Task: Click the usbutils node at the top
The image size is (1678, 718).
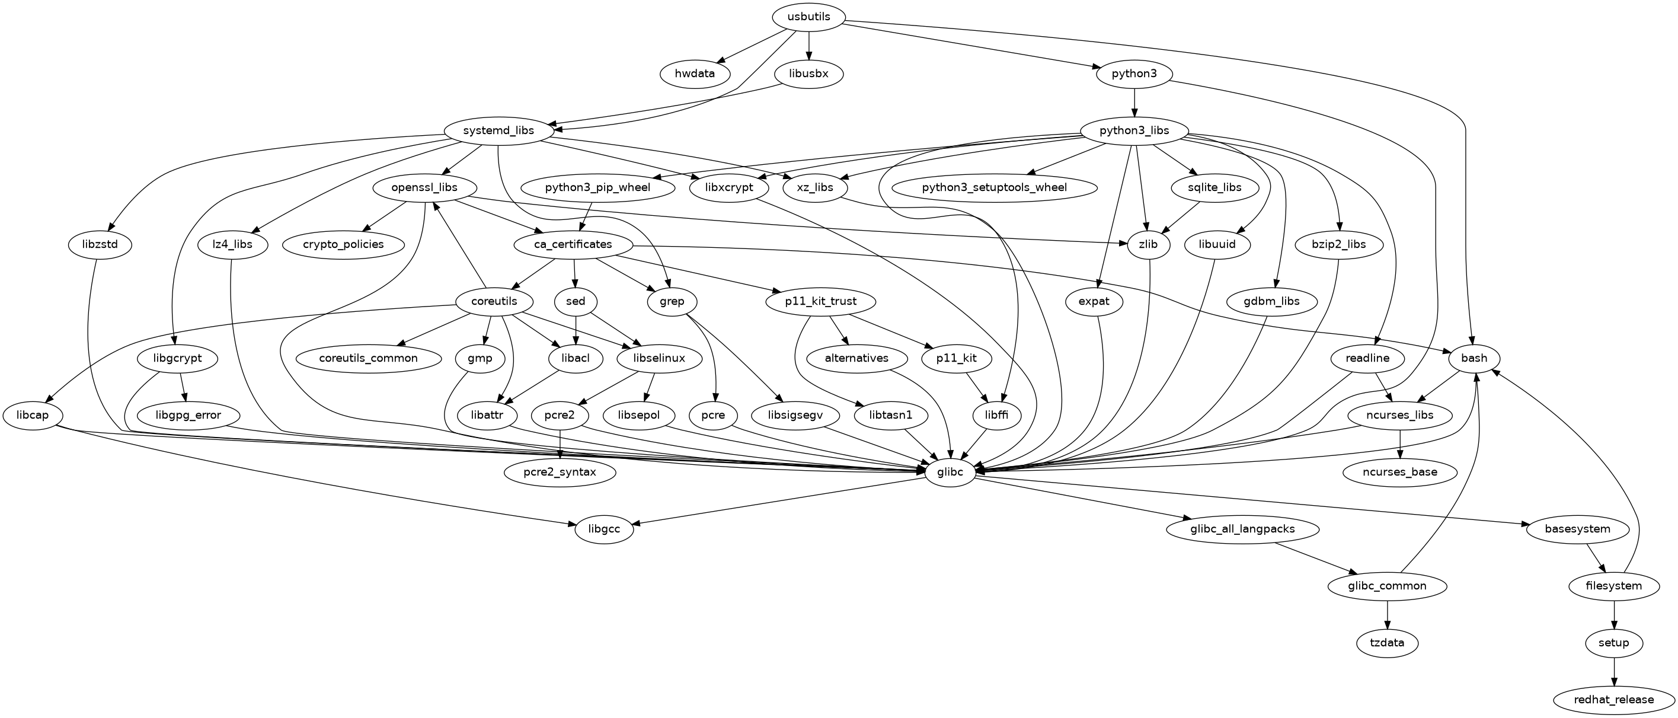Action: [808, 17]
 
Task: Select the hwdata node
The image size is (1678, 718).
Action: [695, 74]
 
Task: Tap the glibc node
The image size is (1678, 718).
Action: [950, 472]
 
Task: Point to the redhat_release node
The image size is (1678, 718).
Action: [1613, 700]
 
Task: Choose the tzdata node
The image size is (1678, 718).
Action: [1387, 643]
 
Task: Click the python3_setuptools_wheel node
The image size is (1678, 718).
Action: [994, 187]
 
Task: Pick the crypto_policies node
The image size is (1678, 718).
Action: [343, 245]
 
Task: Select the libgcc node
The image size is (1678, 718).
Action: [604, 529]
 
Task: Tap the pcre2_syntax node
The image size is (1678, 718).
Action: [560, 472]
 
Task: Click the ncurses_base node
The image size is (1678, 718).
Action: [1399, 472]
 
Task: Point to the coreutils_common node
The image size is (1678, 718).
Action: [368, 358]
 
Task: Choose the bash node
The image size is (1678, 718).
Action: [1474, 358]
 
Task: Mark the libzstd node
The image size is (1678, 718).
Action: [100, 245]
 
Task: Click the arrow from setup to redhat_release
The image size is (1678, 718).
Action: [1613, 671]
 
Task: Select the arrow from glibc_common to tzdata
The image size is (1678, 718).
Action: [1387, 614]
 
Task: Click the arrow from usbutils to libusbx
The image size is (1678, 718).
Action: [808, 45]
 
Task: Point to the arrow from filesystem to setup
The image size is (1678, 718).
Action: [1613, 614]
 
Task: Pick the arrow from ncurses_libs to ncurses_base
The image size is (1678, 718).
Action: [1399, 443]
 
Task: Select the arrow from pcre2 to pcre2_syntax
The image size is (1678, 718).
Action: [560, 443]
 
